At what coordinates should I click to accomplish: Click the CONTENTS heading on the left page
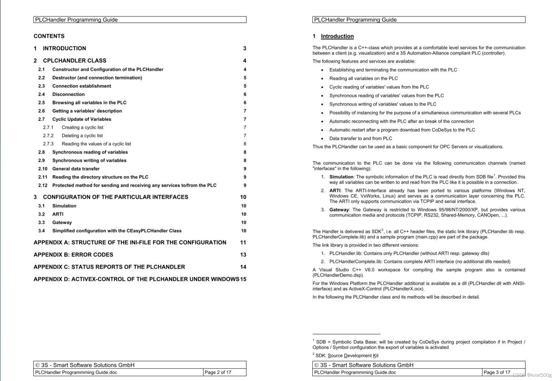click(49, 36)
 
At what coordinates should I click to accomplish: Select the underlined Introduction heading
click(337, 36)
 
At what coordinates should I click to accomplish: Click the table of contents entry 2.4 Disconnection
click(68, 94)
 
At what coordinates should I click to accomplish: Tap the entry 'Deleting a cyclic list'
click(82, 136)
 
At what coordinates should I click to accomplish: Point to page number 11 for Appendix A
click(243, 243)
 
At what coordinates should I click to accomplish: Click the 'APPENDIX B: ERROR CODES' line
click(73, 255)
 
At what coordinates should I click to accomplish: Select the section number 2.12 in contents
click(43, 185)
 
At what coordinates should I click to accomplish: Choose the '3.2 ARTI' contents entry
click(57, 214)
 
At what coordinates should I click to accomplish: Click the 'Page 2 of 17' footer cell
click(218, 372)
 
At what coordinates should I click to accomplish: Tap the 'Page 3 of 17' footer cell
click(497, 372)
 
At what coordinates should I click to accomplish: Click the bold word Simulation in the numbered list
click(341, 177)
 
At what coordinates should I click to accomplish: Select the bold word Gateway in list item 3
click(339, 210)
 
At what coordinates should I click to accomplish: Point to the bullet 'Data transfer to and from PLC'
click(360, 138)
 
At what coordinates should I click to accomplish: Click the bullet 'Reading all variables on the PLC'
click(363, 79)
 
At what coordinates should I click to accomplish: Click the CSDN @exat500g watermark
click(532, 375)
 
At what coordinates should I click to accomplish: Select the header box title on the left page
click(76, 20)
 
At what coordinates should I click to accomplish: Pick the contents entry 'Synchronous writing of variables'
click(89, 161)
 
